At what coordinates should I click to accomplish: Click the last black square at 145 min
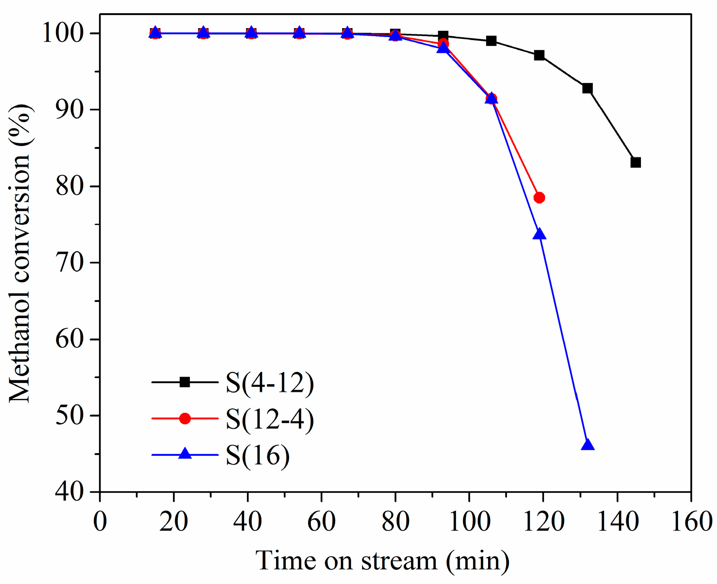coord(635,162)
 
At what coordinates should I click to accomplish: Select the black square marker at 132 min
coord(587,88)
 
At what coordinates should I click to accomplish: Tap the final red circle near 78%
coord(539,198)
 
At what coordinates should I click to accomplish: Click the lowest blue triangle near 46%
coord(587,445)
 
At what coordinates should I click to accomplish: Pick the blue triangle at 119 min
coord(540,235)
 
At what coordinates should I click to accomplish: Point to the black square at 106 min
coord(491,41)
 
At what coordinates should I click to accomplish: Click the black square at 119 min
coord(539,55)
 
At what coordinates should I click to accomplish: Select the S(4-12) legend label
coord(270,383)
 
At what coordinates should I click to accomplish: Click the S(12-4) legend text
coord(270,419)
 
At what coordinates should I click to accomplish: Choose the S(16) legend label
coord(258,455)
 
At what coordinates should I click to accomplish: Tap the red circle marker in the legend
coord(185,418)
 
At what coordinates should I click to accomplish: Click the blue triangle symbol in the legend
coord(185,454)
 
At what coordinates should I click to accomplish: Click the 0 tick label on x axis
coord(100,522)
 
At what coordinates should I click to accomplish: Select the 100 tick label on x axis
coord(469,522)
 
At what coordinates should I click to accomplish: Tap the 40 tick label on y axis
coord(69,492)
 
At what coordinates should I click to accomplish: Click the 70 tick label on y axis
coord(69,263)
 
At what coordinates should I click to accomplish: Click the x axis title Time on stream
coord(382,561)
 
